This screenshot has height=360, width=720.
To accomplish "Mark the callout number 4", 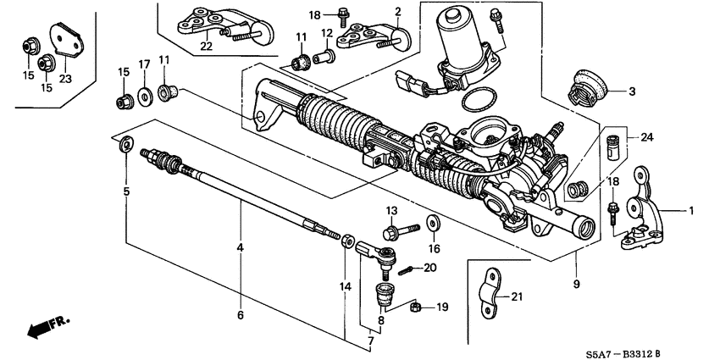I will (x=241, y=247).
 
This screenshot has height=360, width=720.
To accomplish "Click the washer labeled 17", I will (x=145, y=92).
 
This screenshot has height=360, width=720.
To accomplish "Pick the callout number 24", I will (x=646, y=137).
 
